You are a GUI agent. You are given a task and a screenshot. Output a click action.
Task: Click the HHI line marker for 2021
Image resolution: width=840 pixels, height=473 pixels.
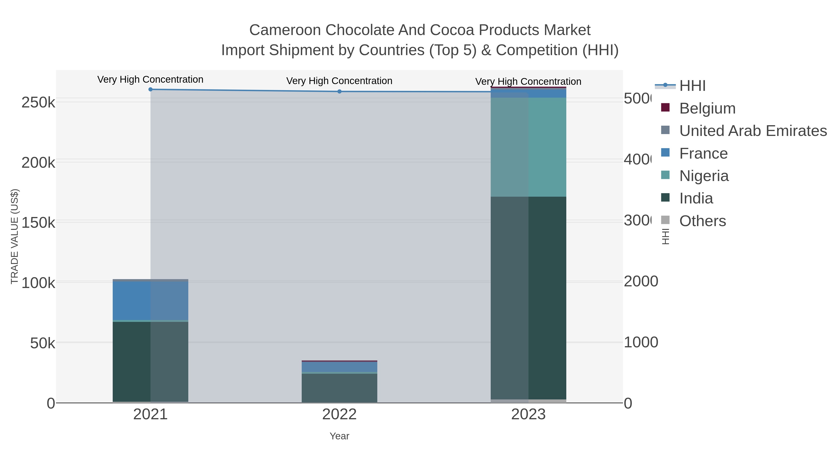(x=150, y=89)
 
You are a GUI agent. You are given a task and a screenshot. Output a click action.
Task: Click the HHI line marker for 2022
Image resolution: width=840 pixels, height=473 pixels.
(x=339, y=91)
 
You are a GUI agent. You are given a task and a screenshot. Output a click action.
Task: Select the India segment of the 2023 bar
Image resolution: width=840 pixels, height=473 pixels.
(x=528, y=297)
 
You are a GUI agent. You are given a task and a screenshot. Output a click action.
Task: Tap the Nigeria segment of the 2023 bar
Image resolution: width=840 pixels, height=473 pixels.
(x=528, y=147)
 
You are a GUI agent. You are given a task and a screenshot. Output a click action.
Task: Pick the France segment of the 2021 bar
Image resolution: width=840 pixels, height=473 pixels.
(x=150, y=301)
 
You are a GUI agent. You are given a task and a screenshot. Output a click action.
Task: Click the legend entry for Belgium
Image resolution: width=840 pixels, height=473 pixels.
(x=707, y=108)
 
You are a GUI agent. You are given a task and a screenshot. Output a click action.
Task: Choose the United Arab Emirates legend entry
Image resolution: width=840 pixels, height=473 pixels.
(x=752, y=131)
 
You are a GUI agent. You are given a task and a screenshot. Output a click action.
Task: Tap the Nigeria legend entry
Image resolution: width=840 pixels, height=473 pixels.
(x=704, y=176)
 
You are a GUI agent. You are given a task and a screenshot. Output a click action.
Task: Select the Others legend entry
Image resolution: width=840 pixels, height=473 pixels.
(x=702, y=221)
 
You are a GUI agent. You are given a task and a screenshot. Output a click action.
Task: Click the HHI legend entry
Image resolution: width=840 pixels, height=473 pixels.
(x=692, y=86)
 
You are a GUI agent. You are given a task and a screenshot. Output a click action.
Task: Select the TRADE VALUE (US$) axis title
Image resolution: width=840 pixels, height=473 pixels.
(x=15, y=236)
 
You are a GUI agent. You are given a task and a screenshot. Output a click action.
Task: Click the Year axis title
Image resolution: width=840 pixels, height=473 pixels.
(x=339, y=436)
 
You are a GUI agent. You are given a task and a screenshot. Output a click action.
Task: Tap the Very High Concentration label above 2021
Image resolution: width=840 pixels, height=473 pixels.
(x=150, y=79)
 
